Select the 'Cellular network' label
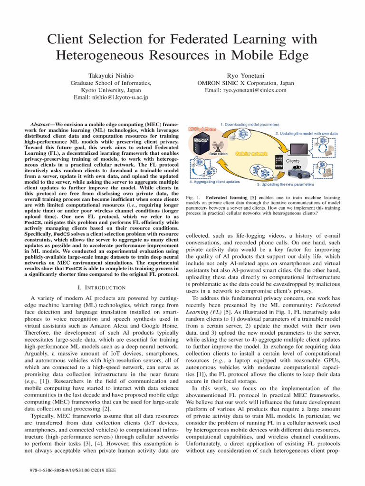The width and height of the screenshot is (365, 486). (251, 154)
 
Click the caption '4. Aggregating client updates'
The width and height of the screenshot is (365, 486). (214, 182)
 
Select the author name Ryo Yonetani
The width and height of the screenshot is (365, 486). (255, 75)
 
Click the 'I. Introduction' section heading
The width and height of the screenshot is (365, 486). (101, 288)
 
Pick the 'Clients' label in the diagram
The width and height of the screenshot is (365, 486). (293, 161)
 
